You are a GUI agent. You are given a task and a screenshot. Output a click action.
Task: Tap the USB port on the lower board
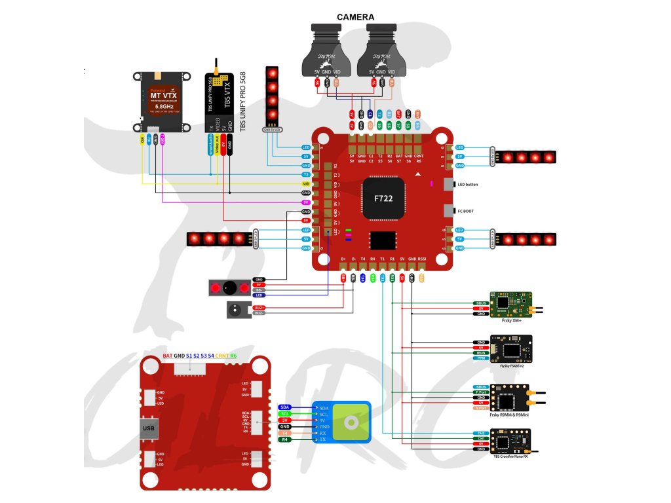coord(149,429)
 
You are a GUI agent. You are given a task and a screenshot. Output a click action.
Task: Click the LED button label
coord(467,185)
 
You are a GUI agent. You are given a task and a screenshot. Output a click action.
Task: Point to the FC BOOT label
coord(466,211)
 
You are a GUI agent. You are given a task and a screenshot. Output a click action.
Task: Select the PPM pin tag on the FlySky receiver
coord(481,358)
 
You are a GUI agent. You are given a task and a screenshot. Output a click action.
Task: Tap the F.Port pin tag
coord(481,392)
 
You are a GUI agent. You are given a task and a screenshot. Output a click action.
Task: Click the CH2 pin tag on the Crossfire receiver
coord(481,433)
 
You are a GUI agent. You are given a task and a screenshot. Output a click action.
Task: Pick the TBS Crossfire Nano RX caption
coord(510,456)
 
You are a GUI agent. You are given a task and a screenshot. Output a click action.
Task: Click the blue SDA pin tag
coord(285,407)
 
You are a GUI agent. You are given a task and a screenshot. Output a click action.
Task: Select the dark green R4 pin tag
coord(285,439)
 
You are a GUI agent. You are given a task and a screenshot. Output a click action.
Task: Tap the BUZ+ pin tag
coord(259,307)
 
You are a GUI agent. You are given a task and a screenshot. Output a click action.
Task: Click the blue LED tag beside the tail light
coord(259,295)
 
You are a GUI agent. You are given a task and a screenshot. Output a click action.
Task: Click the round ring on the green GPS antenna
coord(353,422)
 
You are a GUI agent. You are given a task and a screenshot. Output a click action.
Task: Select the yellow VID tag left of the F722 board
coord(305,185)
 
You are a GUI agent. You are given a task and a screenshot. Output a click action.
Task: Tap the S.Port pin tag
coord(481,408)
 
